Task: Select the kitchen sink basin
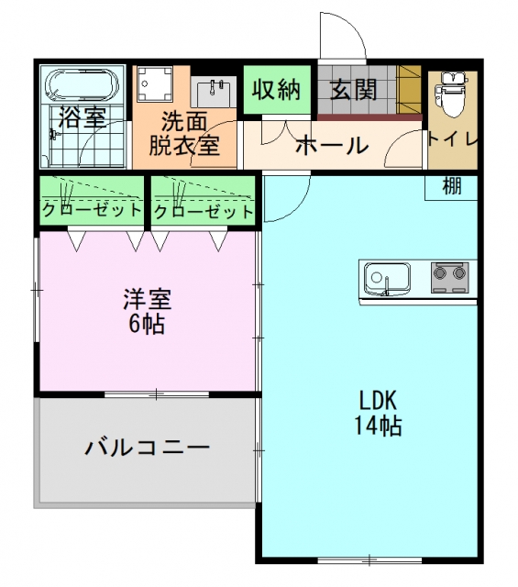tap(388, 278)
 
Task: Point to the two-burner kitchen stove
tap(450, 277)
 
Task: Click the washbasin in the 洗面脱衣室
tap(213, 92)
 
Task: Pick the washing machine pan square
tap(155, 84)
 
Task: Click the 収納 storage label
tap(277, 90)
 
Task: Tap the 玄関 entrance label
tap(354, 90)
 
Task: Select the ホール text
tap(332, 145)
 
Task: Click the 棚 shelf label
tap(452, 186)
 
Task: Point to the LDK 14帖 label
tap(378, 414)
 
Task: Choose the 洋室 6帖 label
tap(148, 312)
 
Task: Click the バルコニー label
tap(147, 448)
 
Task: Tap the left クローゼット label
tap(92, 211)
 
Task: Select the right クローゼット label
tap(204, 212)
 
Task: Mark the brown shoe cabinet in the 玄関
tap(409, 90)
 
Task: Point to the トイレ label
tap(453, 139)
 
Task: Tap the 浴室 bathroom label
tap(83, 116)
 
